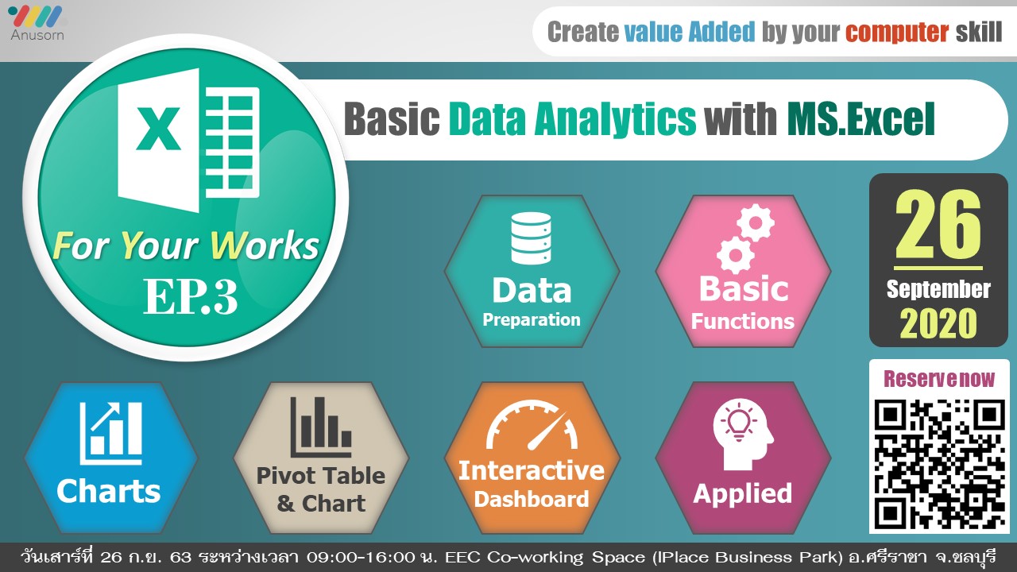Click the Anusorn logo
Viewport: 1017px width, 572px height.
pyautogui.click(x=37, y=23)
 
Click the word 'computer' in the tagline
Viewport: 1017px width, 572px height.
pyautogui.click(x=897, y=32)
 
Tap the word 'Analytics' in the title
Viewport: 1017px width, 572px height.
pyautogui.click(x=615, y=119)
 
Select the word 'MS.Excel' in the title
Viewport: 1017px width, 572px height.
pyautogui.click(x=860, y=119)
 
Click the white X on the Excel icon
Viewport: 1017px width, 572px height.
pyautogui.click(x=158, y=129)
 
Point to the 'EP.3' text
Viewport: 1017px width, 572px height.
pyautogui.click(x=191, y=296)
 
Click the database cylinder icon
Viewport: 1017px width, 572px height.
pyautogui.click(x=531, y=238)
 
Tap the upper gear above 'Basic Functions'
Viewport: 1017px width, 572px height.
pyautogui.click(x=756, y=222)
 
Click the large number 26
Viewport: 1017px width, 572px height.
pyautogui.click(x=938, y=224)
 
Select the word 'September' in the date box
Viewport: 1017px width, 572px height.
pyautogui.click(x=938, y=289)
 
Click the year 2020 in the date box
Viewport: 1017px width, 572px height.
pyautogui.click(x=938, y=323)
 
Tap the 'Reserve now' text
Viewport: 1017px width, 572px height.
pyautogui.click(x=939, y=379)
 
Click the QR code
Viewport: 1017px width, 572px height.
pyautogui.click(x=939, y=464)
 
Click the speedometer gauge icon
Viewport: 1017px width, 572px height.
pyautogui.click(x=532, y=424)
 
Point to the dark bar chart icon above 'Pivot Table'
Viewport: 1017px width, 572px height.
pyautogui.click(x=320, y=427)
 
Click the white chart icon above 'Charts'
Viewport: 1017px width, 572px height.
pyautogui.click(x=110, y=433)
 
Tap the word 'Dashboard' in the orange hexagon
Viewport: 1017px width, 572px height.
pyautogui.click(x=532, y=500)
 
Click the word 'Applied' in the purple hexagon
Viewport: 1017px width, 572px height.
pyautogui.click(x=743, y=494)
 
